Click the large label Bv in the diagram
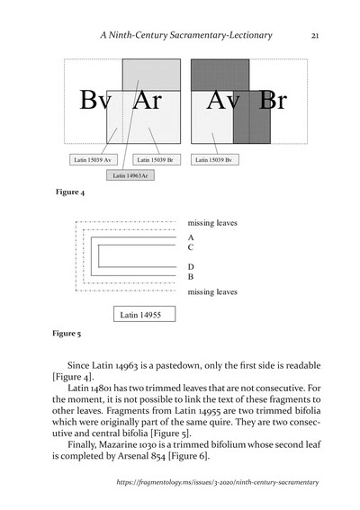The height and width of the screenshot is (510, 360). [x=94, y=101]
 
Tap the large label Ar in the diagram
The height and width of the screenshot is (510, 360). [x=146, y=101]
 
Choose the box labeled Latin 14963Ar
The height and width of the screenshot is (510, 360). [x=130, y=176]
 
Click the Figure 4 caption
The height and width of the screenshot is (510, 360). [x=70, y=193]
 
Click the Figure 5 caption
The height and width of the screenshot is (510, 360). [x=68, y=333]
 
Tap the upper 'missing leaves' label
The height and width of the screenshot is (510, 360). [x=212, y=222]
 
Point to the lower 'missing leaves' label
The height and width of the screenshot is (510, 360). [x=212, y=291]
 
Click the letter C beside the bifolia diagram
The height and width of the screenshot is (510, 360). [x=191, y=246]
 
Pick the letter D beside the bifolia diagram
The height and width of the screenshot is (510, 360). [x=191, y=266]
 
